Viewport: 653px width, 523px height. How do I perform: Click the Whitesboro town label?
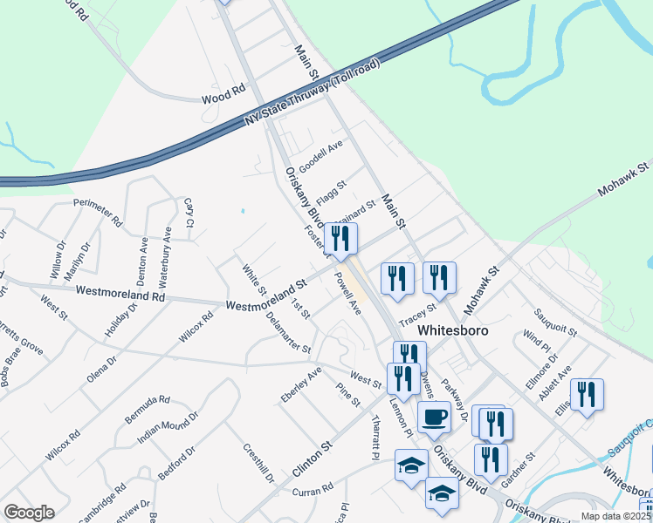point(452,331)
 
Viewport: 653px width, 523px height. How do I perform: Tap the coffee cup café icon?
point(434,417)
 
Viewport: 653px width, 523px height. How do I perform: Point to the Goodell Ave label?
point(320,157)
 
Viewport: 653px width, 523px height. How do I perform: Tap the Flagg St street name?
point(331,191)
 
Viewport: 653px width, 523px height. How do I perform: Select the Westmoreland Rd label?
point(120,295)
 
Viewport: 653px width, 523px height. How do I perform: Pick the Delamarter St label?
point(288,333)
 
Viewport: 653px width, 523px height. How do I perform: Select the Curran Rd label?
point(313,488)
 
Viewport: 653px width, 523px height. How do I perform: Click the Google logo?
point(29,513)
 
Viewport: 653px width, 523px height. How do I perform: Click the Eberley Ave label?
point(301,384)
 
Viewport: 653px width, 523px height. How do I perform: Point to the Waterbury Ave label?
point(164,258)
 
